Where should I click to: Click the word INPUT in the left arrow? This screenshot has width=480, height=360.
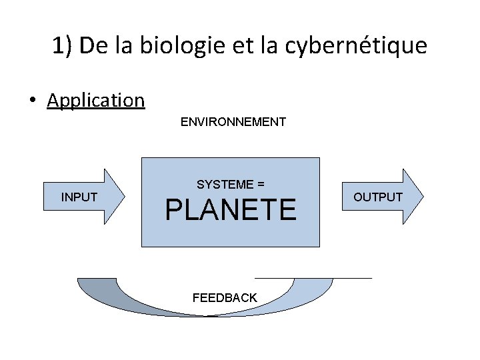point(79,197)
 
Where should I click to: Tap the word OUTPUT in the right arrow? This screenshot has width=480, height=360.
point(378,197)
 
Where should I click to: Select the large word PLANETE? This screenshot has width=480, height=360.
point(231,210)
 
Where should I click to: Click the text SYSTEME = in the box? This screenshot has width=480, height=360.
point(231,184)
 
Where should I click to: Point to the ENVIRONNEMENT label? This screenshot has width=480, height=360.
point(233,122)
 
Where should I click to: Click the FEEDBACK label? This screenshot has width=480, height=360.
point(225,298)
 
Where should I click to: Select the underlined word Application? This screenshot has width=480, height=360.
point(96,101)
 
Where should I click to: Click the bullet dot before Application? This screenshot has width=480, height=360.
point(32,101)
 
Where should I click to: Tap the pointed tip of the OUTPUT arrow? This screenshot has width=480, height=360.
point(422,196)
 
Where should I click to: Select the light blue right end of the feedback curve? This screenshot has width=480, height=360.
point(313,287)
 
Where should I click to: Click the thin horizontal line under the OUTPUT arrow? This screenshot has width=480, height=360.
point(313,277)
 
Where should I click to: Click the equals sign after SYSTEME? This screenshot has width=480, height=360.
point(261,184)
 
